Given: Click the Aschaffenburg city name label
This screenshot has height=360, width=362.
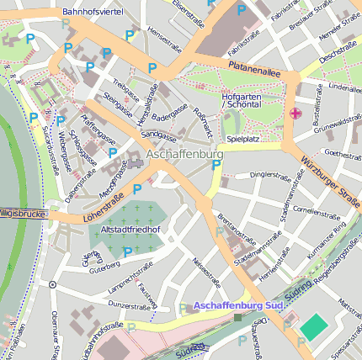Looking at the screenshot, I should click(184, 156).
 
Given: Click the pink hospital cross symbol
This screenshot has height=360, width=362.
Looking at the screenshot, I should click(295, 114).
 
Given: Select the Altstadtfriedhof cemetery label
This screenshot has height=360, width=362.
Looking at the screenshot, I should click(129, 229).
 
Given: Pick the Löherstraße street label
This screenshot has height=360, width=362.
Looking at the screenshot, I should click(88, 204).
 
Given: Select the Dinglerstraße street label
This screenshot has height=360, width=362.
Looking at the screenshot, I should click(270, 175).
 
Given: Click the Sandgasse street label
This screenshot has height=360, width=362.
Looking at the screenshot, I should click(157, 134).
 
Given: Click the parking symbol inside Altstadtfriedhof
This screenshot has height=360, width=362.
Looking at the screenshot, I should click(128, 251).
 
